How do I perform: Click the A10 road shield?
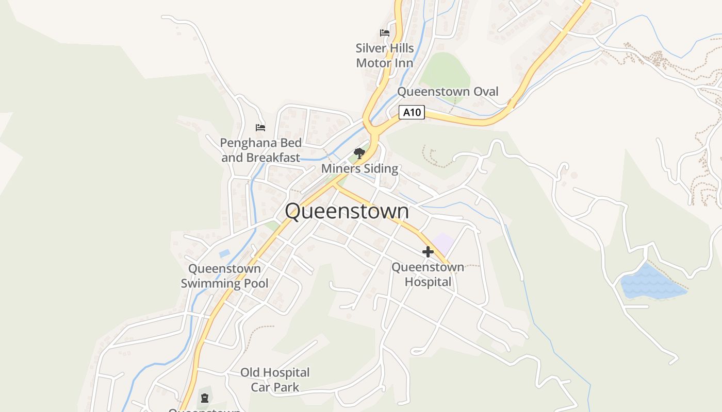(412, 112)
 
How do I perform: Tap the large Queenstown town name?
(347, 211)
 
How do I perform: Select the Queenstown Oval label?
(448, 92)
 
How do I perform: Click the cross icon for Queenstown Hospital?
(428, 252)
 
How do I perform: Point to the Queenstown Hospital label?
(428, 274)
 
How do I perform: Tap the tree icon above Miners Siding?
(359, 153)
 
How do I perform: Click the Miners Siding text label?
(359, 168)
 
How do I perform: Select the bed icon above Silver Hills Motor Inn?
(385, 33)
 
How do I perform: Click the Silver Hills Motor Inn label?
(385, 56)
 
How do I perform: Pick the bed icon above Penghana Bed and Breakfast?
(260, 127)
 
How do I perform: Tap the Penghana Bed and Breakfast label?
(260, 150)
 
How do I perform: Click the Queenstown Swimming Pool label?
(224, 276)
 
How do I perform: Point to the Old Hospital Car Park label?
(275, 380)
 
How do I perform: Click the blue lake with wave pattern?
(651, 283)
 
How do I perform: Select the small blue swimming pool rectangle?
(224, 253)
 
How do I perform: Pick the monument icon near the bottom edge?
(205, 398)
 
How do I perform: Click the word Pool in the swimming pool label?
(253, 283)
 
